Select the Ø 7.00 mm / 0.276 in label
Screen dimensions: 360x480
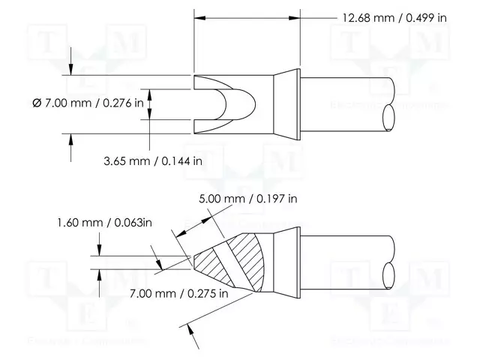88,103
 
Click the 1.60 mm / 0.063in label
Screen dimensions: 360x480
105,223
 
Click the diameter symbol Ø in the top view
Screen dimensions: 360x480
37,103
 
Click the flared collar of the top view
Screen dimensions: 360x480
286,104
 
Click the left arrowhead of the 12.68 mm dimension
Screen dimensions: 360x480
198,17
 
